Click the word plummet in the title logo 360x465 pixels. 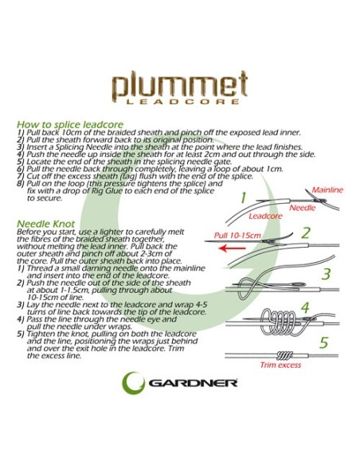coord(179,84)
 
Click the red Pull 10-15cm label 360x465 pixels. coord(239,236)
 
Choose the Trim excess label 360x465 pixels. coord(280,343)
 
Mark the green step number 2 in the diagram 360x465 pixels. coord(305,233)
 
